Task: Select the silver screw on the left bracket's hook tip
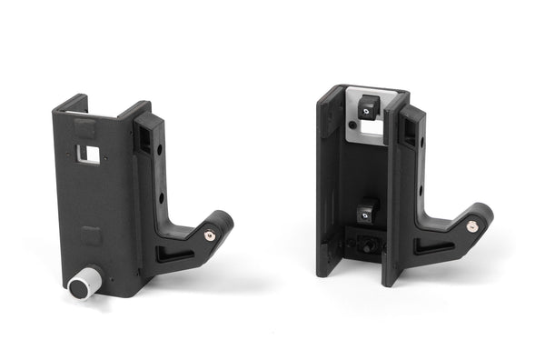click(210, 235)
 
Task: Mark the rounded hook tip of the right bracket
click(481, 215)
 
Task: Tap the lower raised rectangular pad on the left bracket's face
click(90, 236)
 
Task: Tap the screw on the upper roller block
click(365, 110)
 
